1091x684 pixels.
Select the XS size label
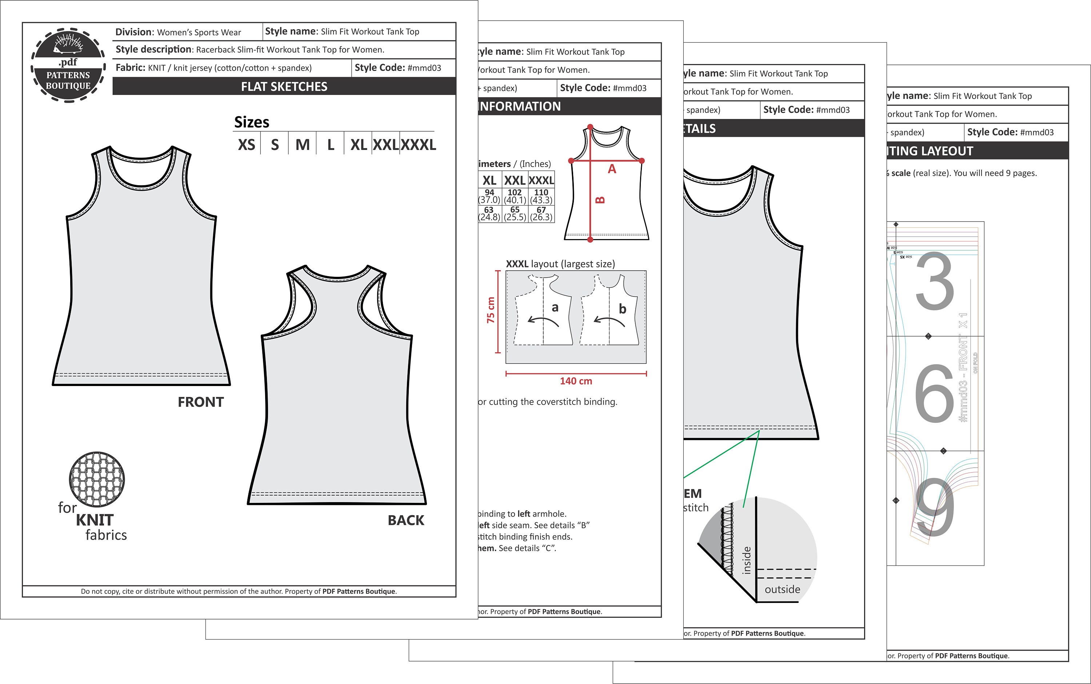[247, 145]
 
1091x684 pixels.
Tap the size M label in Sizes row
[303, 145]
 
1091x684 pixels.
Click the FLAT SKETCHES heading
[284, 86]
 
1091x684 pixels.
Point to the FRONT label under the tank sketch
[201, 402]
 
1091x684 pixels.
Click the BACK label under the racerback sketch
[406, 520]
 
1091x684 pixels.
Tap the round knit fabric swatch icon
[97, 480]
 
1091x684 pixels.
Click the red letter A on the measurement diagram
[612, 169]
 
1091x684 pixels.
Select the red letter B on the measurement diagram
[600, 199]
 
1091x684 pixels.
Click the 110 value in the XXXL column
[541, 192]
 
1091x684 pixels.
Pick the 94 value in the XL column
[489, 192]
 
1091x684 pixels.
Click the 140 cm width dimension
[576, 381]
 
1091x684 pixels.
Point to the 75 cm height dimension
[491, 310]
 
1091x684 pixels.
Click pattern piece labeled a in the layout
[555, 308]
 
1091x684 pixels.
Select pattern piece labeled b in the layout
[623, 309]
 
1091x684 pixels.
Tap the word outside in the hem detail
[782, 589]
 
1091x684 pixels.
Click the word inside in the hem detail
[747, 560]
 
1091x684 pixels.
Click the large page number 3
[935, 281]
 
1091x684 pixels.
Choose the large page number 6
[934, 393]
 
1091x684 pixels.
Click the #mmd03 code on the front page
[424, 68]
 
